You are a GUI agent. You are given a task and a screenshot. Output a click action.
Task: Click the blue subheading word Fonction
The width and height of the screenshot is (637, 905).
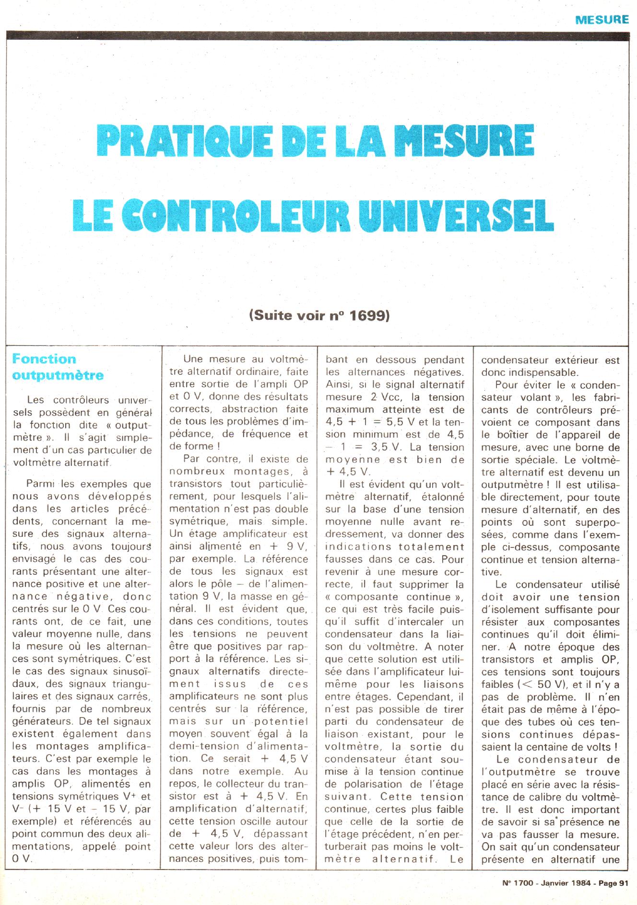[x=44, y=359]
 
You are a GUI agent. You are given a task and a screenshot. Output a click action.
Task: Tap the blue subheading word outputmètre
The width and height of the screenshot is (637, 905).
[x=58, y=375]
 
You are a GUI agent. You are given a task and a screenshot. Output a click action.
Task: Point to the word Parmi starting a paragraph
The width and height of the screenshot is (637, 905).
[x=41, y=484]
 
